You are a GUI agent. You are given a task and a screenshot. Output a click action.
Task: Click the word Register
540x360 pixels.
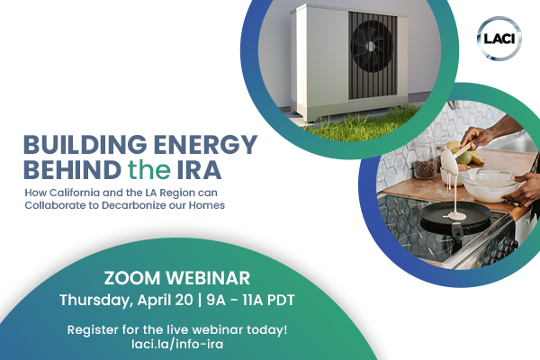pos(94,329)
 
